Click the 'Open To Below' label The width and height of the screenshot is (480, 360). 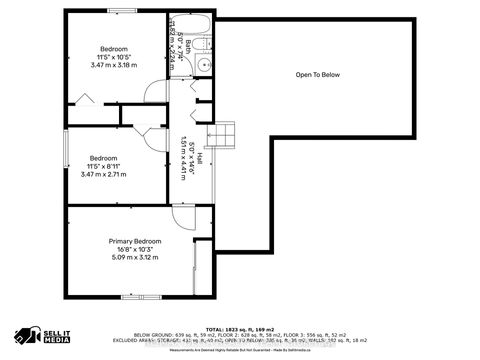coord(317,75)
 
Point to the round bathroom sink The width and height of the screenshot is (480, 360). coord(203,64)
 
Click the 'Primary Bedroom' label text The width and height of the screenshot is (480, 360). coord(135,241)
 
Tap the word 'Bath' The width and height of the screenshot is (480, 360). coord(186,45)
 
